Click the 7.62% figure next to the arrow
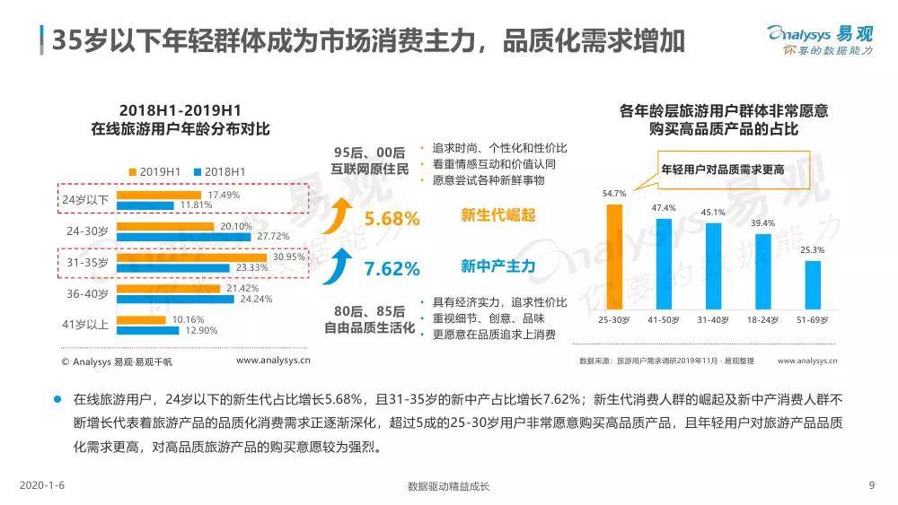[x=392, y=267]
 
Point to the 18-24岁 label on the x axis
[x=762, y=320]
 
